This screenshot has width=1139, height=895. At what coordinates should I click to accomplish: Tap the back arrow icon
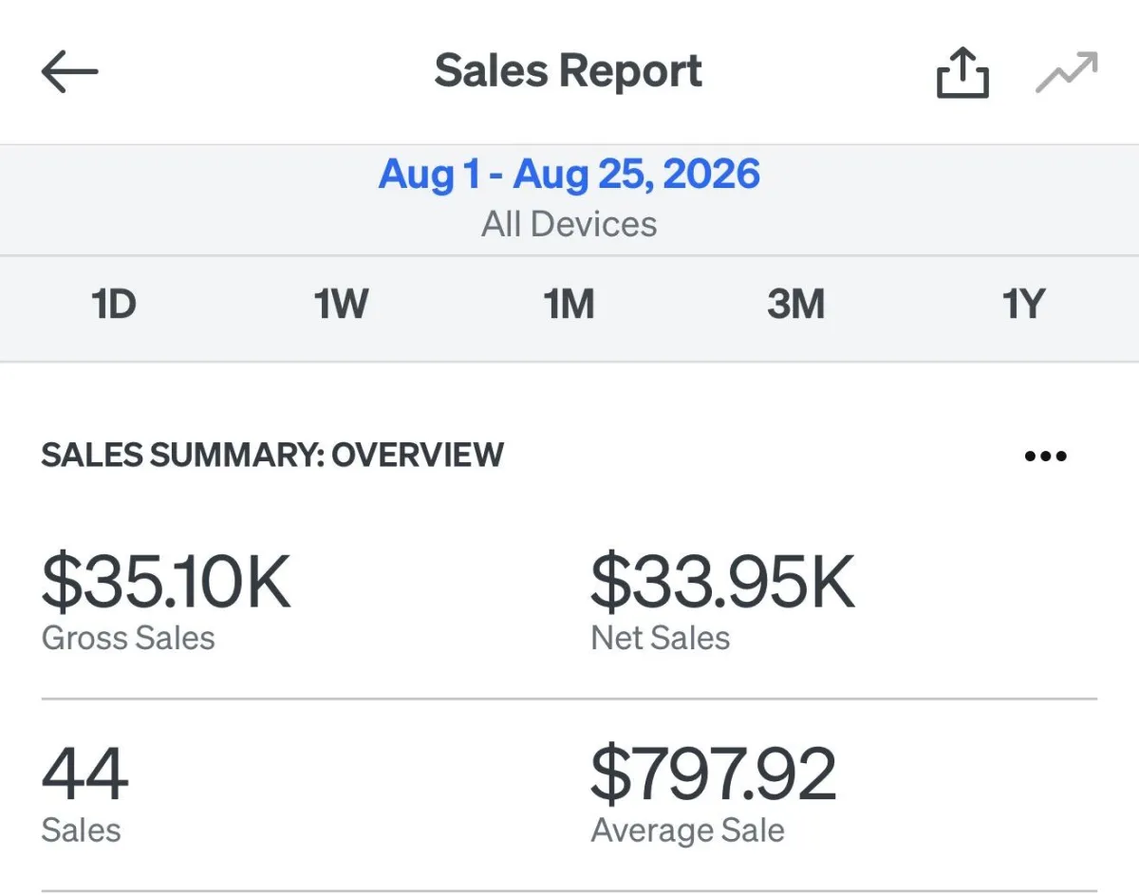click(69, 72)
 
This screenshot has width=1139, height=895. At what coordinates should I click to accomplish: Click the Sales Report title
click(569, 72)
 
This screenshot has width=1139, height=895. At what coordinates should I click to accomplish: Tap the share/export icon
click(962, 72)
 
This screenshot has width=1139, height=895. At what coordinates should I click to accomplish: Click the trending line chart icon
click(1066, 72)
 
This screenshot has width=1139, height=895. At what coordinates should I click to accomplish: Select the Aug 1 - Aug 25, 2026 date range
click(569, 175)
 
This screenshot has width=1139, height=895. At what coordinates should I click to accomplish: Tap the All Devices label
click(569, 224)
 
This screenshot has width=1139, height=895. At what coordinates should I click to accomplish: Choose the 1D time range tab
click(114, 304)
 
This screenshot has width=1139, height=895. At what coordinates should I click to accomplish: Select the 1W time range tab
click(341, 304)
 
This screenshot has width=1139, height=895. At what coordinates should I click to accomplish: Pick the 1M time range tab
click(569, 304)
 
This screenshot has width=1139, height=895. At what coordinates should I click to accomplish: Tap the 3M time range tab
click(795, 304)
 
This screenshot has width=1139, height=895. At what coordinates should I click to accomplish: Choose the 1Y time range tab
click(1023, 304)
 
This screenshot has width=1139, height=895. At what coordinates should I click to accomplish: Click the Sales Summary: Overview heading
click(272, 455)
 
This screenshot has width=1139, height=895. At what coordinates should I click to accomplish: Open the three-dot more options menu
click(1046, 456)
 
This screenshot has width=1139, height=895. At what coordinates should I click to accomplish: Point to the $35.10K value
click(166, 582)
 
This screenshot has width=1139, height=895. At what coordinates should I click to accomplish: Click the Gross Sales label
click(128, 638)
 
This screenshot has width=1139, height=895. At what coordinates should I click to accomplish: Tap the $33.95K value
click(723, 582)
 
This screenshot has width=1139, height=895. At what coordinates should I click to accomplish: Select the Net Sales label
click(661, 638)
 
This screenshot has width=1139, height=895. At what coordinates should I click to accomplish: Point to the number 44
click(84, 774)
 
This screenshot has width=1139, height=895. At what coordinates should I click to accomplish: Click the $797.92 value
click(714, 774)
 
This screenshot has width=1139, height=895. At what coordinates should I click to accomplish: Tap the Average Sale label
click(688, 830)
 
